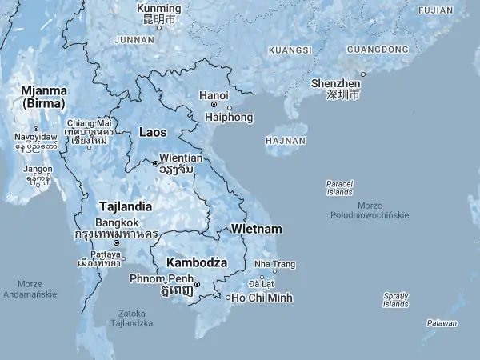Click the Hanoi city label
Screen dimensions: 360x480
pyautogui.click(x=214, y=96)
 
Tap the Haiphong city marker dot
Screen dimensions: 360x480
pyautogui.click(x=230, y=108)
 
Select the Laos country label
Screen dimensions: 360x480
pyautogui.click(x=153, y=131)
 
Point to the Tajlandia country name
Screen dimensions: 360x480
pyautogui.click(x=125, y=206)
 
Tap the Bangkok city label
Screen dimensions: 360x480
pyautogui.click(x=118, y=222)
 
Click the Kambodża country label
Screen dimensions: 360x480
pyautogui.click(x=196, y=262)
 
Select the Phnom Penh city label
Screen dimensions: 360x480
pyautogui.click(x=160, y=278)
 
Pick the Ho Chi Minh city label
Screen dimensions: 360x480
pyautogui.click(x=262, y=298)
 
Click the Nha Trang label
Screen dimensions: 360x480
pyautogui.click(x=274, y=264)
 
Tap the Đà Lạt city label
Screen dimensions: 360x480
pyautogui.click(x=262, y=284)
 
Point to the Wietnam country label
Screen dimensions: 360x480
pyautogui.click(x=256, y=229)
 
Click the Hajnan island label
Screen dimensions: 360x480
pyautogui.click(x=285, y=141)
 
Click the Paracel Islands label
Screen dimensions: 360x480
pyautogui.click(x=339, y=188)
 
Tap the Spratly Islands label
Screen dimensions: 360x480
pyautogui.click(x=395, y=300)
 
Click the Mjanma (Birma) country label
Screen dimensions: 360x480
pyautogui.click(x=44, y=97)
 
